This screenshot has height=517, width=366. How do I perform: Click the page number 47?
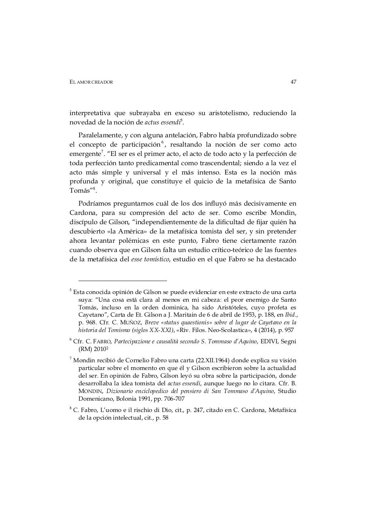pyautogui.click(x=293, y=82)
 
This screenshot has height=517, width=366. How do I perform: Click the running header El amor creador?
pyautogui.click(x=91, y=82)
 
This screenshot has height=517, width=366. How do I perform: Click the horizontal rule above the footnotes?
pyautogui.click(x=123, y=280)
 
